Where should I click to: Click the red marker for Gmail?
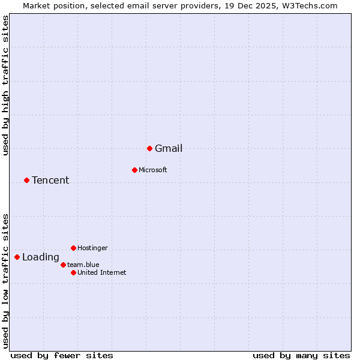point(149,148)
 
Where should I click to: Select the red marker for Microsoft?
point(134,170)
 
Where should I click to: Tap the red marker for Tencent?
point(26,180)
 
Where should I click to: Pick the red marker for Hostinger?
point(73,248)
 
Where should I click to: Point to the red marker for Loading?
point(17,257)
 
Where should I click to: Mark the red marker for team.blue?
point(63,265)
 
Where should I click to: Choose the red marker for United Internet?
point(73,272)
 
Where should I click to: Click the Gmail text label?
point(169,149)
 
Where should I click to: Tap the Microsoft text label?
point(152,170)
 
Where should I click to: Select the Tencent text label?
point(50,181)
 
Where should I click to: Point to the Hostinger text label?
point(92,248)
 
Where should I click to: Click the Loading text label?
point(41,257)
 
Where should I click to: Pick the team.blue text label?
point(83,265)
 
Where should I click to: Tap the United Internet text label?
point(101,273)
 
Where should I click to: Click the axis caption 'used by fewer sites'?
point(62,355)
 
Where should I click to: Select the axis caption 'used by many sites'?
point(301,355)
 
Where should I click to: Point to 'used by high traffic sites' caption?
point(6,85)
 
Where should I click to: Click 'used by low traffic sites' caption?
point(6,280)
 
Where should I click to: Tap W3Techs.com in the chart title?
point(309,6)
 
